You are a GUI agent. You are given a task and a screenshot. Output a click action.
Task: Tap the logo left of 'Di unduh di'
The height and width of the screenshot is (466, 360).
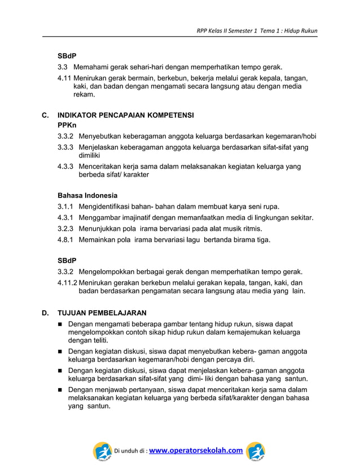point(102,451)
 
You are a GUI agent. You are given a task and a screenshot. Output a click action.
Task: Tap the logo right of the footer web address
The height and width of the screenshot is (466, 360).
point(255,451)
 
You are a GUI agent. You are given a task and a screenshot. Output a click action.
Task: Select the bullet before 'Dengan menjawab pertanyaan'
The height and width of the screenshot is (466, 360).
point(60,390)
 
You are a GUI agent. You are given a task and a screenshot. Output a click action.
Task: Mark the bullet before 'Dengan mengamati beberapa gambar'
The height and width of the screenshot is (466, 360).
point(60,324)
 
